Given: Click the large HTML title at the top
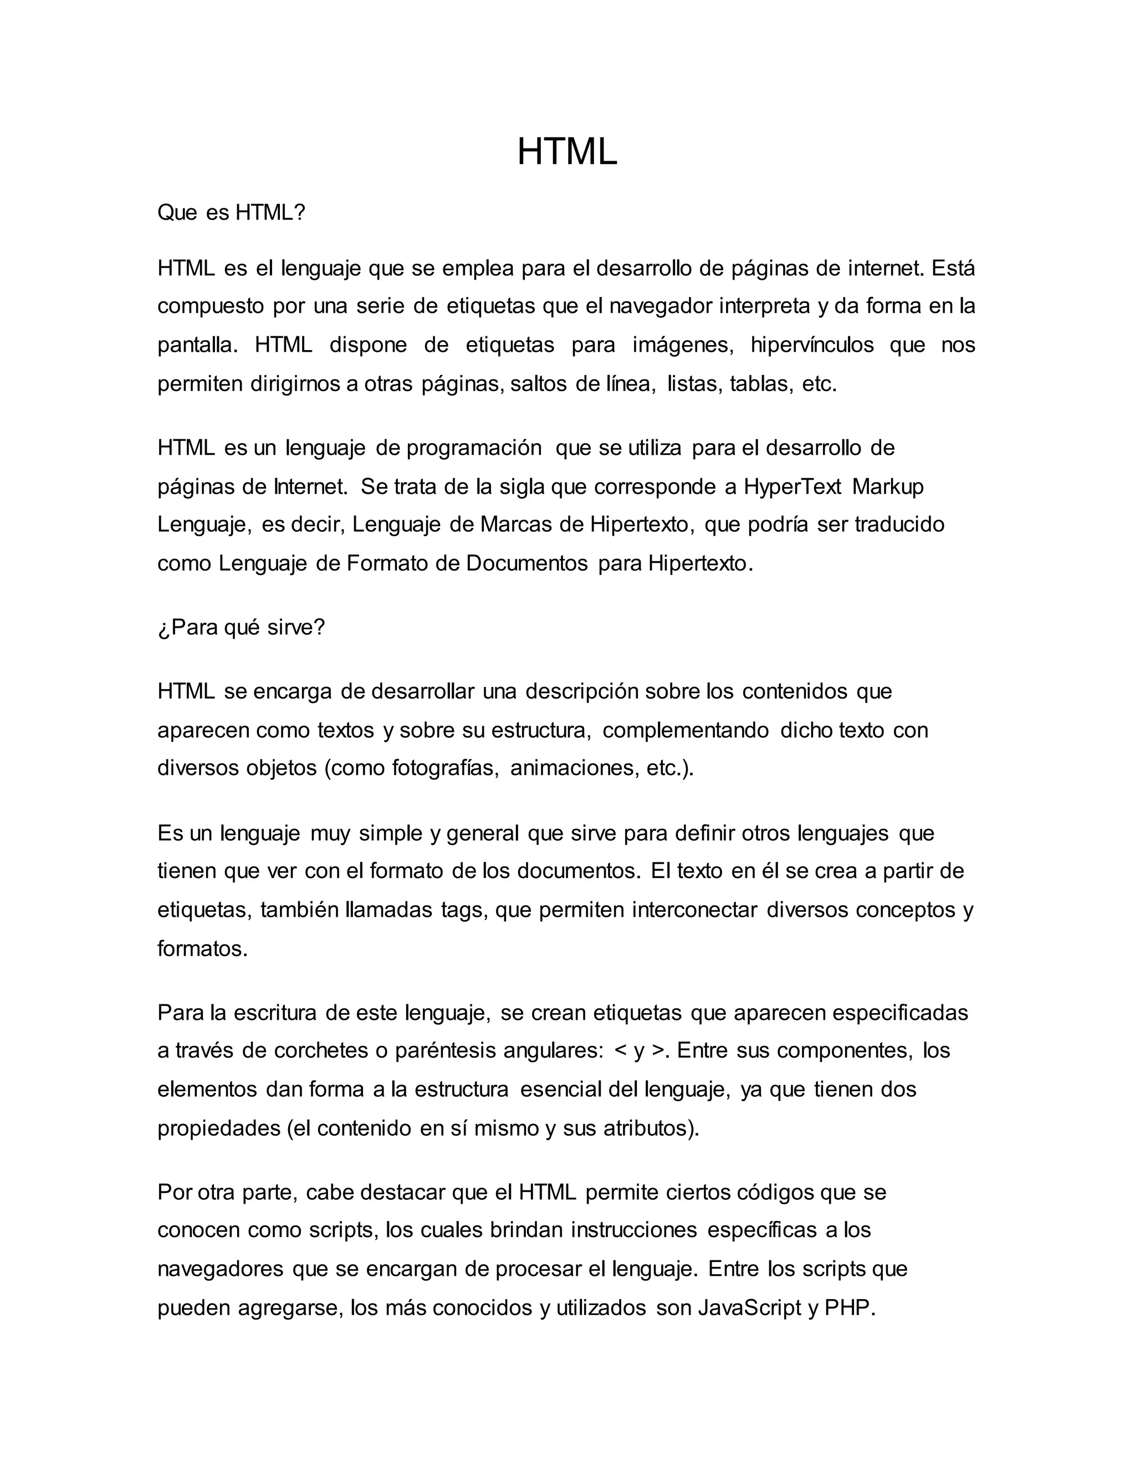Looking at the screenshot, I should click(567, 152).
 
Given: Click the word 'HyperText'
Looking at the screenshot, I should click(792, 486).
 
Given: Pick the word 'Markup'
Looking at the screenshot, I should click(888, 486).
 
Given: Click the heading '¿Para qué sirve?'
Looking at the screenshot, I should click(241, 627).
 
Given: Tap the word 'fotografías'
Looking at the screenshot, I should click(445, 768).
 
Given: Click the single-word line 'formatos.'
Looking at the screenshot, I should click(202, 948).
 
